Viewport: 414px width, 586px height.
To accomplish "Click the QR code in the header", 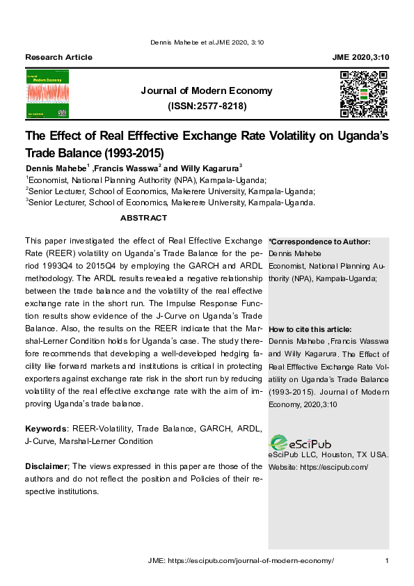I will (x=363, y=94).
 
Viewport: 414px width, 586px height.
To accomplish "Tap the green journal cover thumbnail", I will (x=47, y=94).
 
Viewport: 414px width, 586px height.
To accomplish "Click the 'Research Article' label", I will (x=58, y=56).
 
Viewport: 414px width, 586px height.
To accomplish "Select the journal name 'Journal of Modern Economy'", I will (x=207, y=90).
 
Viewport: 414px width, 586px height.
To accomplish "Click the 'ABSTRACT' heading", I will (x=143, y=218).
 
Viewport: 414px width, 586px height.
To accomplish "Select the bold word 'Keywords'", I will (x=45, y=428).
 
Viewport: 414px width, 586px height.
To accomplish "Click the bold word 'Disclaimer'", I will (x=46, y=466).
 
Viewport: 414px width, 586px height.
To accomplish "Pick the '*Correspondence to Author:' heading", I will (x=319, y=241).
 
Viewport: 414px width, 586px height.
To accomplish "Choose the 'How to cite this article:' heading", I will (x=310, y=329).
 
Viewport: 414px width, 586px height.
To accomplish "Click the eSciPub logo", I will (x=301, y=442).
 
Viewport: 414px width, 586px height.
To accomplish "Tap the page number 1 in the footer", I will (x=386, y=560).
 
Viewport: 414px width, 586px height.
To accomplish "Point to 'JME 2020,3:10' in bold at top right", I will (x=360, y=56).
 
